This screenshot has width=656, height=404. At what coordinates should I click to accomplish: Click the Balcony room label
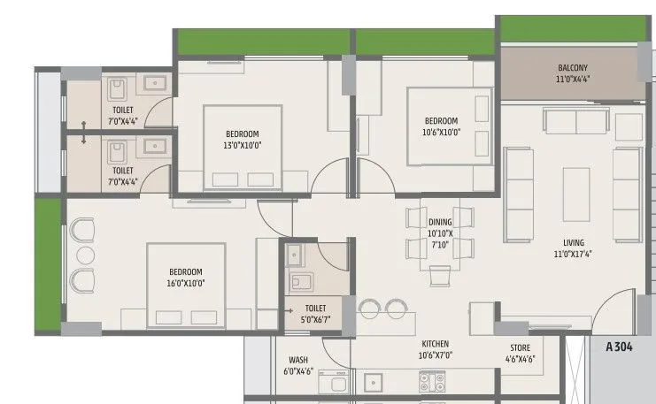(572, 74)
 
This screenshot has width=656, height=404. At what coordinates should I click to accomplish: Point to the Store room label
(520, 354)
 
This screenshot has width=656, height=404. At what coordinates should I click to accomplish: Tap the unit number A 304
(621, 347)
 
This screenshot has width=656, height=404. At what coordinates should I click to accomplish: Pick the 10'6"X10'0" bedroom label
(441, 126)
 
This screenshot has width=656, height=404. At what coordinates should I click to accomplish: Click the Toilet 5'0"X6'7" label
(315, 314)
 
